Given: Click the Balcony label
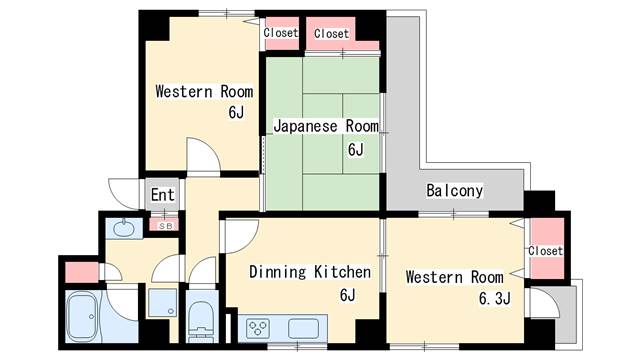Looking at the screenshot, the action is tap(454, 191).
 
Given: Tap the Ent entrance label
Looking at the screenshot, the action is tap(162, 195).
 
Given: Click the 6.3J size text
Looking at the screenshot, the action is tap(494, 298).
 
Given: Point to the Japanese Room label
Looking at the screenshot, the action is tap(326, 126).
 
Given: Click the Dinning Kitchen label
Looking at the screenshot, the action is tap(310, 272).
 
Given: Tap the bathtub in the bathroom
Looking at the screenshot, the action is tap(82, 316).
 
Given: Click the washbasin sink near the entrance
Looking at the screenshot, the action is tap(123, 228).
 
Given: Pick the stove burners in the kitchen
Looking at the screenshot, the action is tap(258, 328).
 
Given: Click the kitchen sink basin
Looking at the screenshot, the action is tap(303, 329).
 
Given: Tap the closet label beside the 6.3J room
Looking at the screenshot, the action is tap(545, 251).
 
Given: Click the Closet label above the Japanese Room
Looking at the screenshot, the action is tap(331, 33).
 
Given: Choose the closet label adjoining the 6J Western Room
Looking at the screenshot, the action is tap(281, 32).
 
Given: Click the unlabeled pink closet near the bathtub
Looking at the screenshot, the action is tap(82, 272).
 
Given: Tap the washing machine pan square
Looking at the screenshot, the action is tap(162, 302).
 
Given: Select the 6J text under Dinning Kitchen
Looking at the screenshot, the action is tap(347, 294).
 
